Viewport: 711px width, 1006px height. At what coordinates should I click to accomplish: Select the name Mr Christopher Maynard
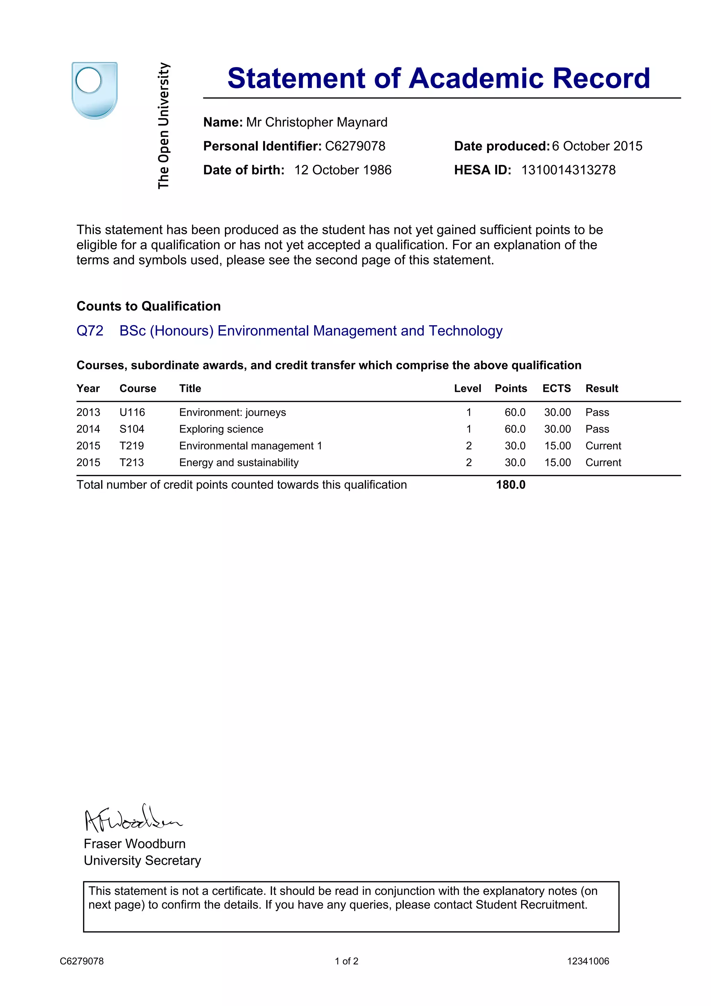tap(316, 122)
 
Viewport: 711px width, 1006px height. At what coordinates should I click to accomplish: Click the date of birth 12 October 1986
tap(343, 170)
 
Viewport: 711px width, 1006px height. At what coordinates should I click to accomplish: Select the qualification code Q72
tap(90, 331)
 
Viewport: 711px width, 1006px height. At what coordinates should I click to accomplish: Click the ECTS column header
tap(557, 389)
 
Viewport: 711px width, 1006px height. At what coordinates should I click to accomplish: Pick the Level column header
tap(467, 389)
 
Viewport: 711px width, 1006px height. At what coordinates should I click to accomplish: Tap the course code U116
tap(132, 412)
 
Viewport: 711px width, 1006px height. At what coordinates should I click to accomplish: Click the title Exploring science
tap(221, 429)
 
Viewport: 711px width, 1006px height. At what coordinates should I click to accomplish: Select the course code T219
tap(132, 446)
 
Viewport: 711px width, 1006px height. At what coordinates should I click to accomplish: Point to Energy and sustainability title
tap(239, 463)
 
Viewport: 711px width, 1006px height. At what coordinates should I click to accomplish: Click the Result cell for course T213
tap(603, 463)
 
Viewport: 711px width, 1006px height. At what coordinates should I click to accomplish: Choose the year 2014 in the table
tap(88, 429)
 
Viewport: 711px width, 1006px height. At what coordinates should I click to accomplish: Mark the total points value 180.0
tap(510, 485)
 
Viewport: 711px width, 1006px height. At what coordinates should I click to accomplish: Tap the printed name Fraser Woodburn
tap(134, 844)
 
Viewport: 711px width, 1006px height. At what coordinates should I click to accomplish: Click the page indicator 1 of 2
tap(346, 961)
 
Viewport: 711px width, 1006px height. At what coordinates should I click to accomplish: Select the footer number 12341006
tap(588, 961)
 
